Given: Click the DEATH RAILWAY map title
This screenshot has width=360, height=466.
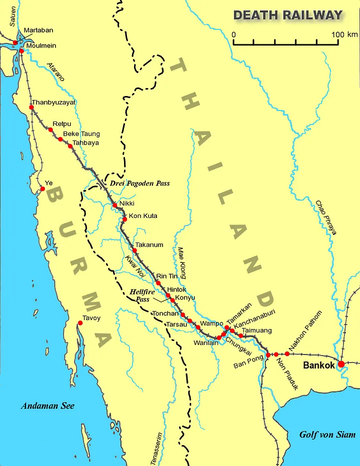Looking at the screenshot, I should (288, 15).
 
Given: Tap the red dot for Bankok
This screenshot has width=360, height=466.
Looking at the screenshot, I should (341, 364).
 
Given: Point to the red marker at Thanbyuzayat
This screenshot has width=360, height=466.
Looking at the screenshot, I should (31, 107).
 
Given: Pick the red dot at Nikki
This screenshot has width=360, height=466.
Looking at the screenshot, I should (114, 205).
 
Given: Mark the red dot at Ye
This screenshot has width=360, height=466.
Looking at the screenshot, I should (42, 189).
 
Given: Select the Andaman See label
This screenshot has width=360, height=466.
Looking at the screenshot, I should (47, 406).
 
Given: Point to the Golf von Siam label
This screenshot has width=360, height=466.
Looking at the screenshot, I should (327, 434).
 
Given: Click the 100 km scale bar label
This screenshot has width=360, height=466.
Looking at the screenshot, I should (345, 34).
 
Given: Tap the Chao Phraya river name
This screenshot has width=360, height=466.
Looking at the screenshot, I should (326, 217).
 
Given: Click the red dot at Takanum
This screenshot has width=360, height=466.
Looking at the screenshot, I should (134, 250).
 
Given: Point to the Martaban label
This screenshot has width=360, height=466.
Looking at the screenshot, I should (38, 30).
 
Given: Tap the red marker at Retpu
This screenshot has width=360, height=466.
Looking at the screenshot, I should (50, 129).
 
